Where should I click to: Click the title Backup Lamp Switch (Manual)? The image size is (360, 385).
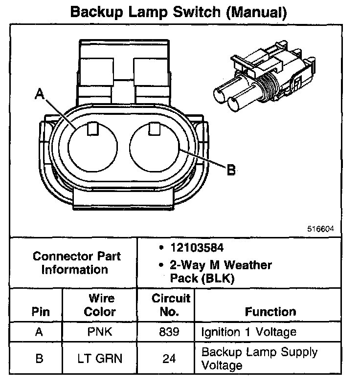click(179, 12)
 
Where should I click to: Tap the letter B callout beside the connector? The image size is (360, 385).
click(231, 170)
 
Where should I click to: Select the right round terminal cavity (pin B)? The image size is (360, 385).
click(155, 146)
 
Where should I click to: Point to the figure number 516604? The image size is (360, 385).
click(322, 228)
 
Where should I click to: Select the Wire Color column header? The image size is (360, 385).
click(100, 305)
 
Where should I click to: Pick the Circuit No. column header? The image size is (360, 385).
click(167, 305)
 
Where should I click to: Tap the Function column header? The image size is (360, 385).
click(270, 312)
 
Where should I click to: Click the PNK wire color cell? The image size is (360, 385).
click(100, 333)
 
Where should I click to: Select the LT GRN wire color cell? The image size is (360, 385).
click(100, 359)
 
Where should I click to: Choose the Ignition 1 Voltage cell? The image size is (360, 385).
click(249, 333)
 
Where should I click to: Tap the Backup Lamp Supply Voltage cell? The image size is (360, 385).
click(260, 358)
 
